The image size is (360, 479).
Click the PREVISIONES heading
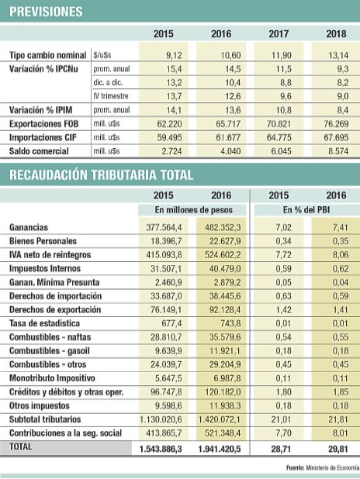tap(47, 12)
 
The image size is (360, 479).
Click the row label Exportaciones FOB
tap(47, 124)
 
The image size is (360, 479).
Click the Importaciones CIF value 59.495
tap(168, 138)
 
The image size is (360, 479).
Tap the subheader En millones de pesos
tap(193, 210)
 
